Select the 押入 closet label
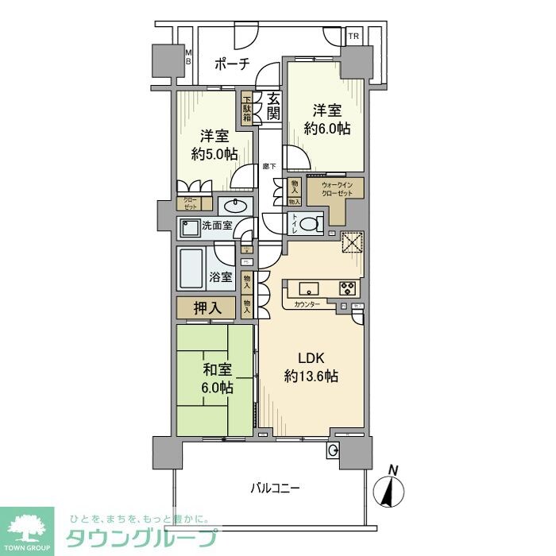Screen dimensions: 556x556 (x=206, y=308)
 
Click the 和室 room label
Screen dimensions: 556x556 (x=215, y=369)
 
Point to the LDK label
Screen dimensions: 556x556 (x=311, y=357)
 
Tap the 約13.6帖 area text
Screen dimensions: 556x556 (x=311, y=376)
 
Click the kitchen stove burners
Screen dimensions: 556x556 (x=349, y=288)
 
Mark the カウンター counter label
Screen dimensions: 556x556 (x=307, y=304)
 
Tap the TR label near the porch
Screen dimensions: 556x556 (x=353, y=37)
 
